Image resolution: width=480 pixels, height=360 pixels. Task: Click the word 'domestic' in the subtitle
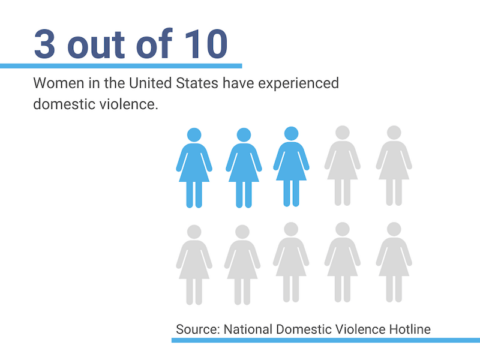point(63,105)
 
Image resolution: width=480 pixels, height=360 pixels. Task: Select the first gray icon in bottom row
point(194,263)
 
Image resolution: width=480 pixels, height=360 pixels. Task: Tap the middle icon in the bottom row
point(291,263)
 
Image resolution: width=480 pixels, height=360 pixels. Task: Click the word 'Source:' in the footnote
point(198,327)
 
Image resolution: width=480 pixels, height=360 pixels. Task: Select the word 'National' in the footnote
point(253,327)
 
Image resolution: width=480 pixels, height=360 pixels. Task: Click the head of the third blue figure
point(291,133)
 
